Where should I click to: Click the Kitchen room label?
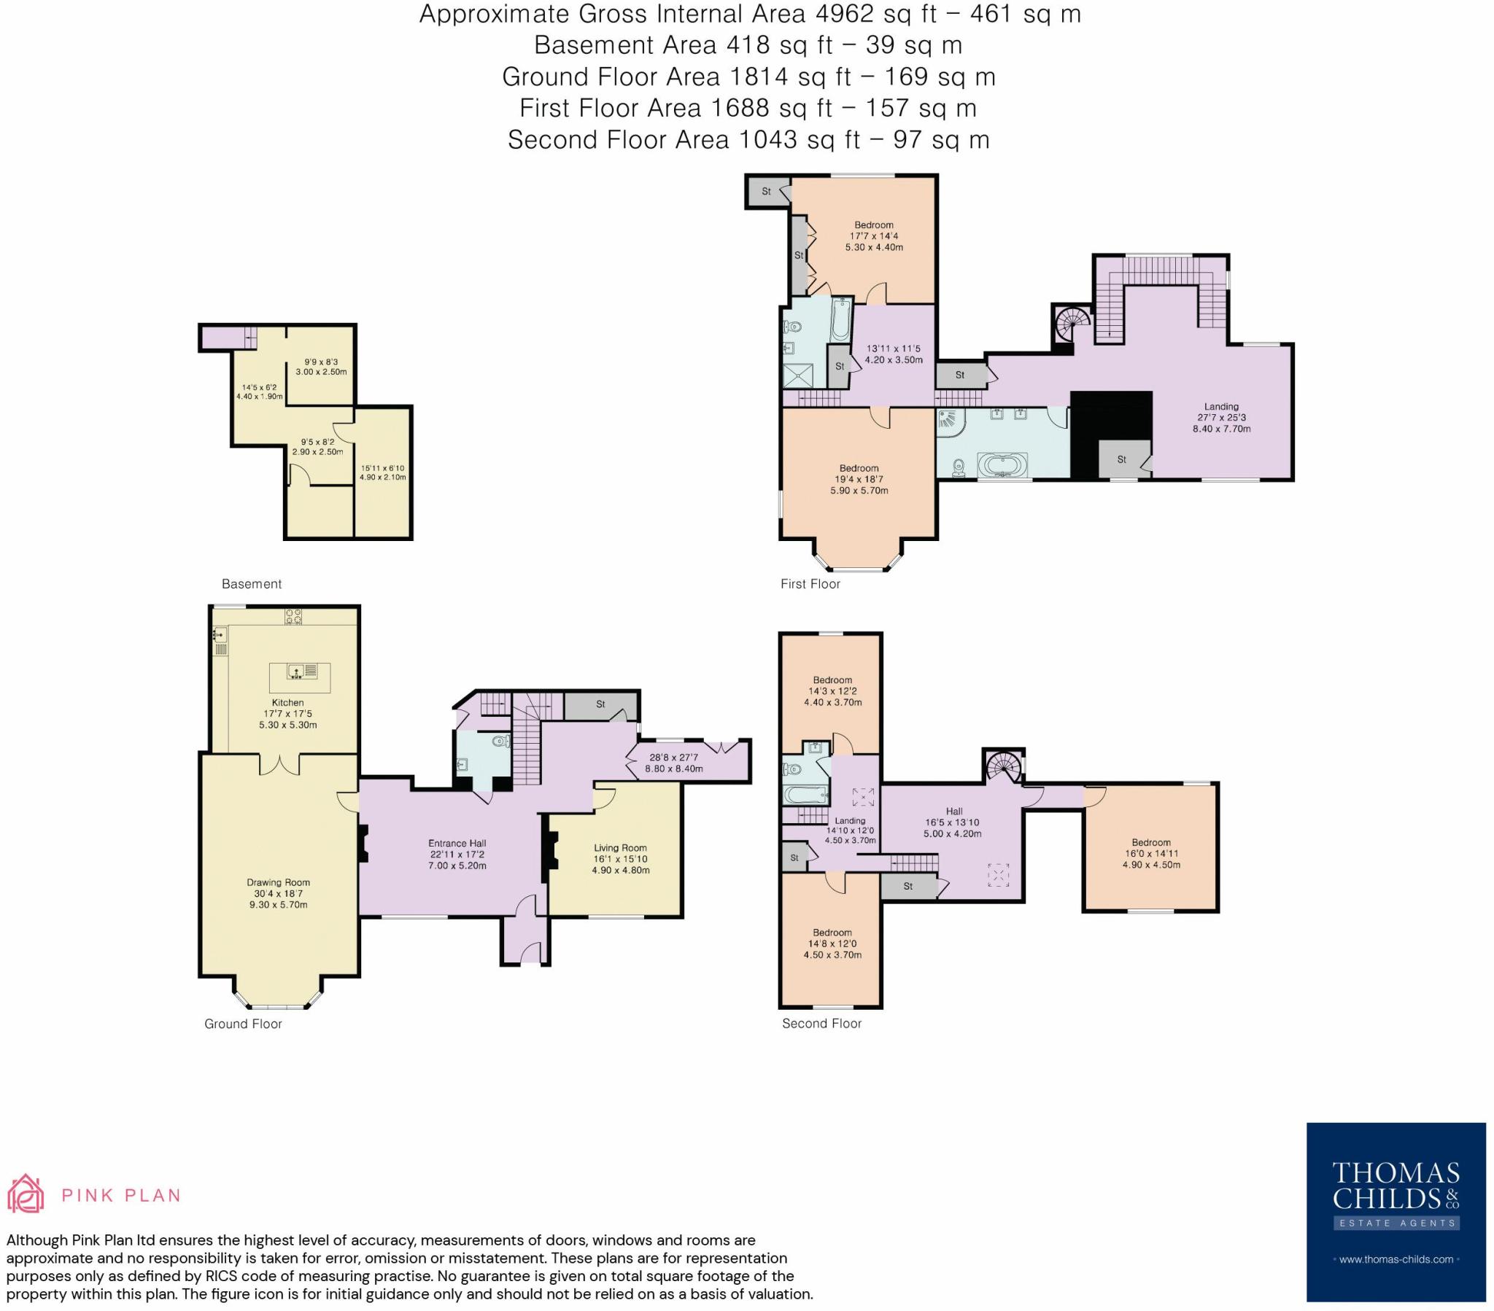(x=287, y=702)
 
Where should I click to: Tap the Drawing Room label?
(x=278, y=882)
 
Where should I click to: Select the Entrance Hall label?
(x=457, y=843)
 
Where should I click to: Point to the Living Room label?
(x=620, y=848)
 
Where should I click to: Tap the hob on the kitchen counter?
(x=294, y=616)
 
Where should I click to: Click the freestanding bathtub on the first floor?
(x=1003, y=464)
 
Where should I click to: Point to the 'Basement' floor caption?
(x=252, y=583)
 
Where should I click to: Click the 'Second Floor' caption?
(x=821, y=1023)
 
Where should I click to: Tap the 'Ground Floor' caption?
(x=243, y=1023)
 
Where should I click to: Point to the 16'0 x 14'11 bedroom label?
(x=1151, y=853)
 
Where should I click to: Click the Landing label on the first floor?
(x=1221, y=406)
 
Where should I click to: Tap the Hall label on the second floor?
(x=954, y=810)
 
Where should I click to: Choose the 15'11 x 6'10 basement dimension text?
(x=382, y=467)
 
